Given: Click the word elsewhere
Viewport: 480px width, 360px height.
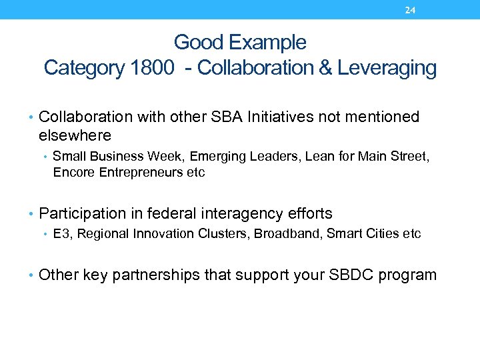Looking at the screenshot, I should [75, 135].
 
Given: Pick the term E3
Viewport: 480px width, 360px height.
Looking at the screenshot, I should [60, 234].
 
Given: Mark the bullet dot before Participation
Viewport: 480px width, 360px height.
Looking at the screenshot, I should [33, 214].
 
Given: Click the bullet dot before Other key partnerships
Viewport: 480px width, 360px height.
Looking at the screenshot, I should [33, 275].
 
